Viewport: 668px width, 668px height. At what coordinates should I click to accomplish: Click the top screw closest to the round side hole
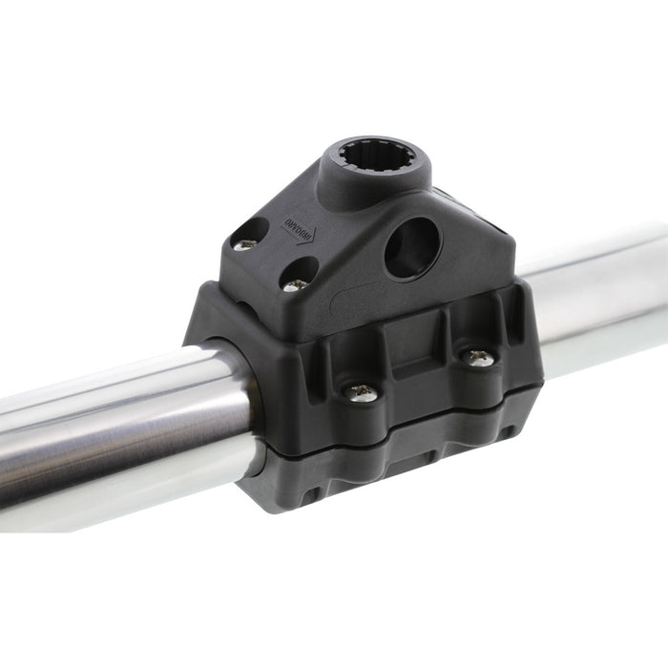296,283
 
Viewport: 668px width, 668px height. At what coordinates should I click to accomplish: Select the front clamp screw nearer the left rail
362,391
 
